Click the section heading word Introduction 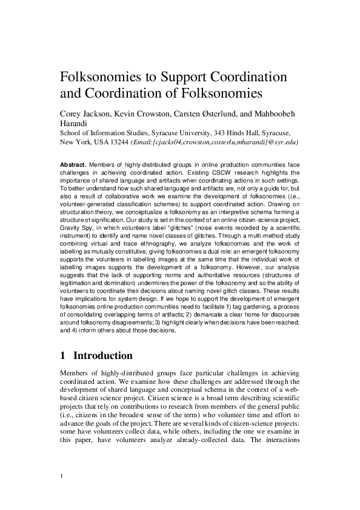point(102,356)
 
